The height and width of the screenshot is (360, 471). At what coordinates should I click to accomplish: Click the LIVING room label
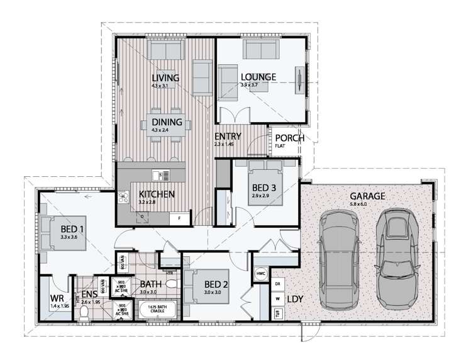tap(165, 77)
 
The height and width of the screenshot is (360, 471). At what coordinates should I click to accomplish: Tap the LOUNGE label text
tap(258, 77)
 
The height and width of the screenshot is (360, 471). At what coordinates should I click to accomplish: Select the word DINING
tap(167, 122)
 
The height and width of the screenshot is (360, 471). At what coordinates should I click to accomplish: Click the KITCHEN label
tap(157, 194)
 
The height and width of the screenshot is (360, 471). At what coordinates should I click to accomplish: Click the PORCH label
tap(289, 138)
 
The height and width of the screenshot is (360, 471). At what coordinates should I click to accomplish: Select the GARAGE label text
tap(367, 196)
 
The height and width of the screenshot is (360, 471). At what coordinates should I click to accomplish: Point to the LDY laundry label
tap(296, 300)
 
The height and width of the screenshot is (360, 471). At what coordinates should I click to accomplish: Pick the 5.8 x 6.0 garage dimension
tap(367, 205)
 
